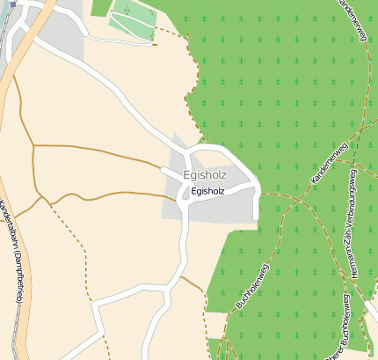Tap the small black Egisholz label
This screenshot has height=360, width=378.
[x=208, y=191]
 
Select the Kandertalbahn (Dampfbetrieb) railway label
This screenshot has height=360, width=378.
[x=12, y=251]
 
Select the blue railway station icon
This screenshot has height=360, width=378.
[x=13, y=4]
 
